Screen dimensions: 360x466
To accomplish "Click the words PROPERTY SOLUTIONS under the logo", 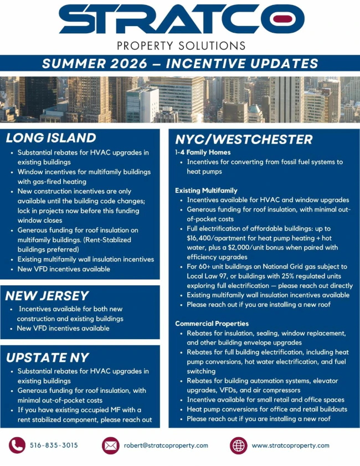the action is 181,46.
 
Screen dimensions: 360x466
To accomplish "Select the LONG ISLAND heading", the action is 51,137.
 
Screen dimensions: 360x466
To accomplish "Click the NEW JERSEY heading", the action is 47,296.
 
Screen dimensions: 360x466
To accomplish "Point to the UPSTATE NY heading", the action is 47,357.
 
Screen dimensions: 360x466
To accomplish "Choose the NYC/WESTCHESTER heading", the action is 244,140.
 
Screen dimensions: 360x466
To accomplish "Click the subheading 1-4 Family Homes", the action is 203,152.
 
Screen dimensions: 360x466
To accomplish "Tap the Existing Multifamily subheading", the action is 206,191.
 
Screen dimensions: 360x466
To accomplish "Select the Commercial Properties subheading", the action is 212,324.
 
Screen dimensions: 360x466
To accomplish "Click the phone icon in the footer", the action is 17,445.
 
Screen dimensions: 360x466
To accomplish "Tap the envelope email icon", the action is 111,445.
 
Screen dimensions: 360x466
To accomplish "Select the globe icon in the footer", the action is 238,445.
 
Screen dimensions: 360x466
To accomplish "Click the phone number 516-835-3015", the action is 54,445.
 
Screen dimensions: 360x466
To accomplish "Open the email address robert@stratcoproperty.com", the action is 166,445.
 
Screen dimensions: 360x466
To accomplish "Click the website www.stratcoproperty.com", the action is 291,445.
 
